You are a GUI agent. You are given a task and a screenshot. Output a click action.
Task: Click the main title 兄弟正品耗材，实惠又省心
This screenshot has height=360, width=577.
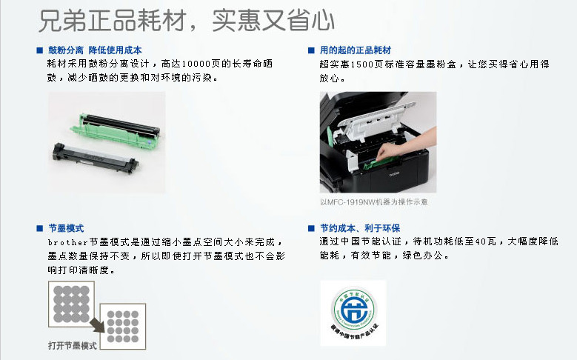187,20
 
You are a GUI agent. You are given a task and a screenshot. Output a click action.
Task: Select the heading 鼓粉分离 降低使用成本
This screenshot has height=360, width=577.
95,50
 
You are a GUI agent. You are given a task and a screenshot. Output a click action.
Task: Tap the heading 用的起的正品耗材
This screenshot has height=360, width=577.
355,50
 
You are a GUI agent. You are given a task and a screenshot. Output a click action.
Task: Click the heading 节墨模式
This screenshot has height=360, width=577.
66,228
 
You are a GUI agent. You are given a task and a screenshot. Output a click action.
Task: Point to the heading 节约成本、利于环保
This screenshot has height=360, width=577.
360,228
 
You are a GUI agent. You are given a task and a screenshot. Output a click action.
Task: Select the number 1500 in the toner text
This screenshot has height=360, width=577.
362,64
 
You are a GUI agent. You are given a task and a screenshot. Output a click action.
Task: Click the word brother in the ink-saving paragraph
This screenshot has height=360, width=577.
68,242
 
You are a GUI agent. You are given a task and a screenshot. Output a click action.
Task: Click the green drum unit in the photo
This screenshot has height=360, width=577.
116,130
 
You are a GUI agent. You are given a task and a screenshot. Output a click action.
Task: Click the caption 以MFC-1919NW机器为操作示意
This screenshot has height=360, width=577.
373,201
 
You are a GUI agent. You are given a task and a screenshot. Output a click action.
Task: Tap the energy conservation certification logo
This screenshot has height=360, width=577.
353,313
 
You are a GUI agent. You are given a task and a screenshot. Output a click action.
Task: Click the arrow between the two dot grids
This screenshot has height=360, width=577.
98,325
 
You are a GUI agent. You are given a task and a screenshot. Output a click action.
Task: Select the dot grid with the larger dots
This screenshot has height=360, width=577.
71,304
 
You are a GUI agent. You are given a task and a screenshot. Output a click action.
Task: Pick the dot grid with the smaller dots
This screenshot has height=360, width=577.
123,327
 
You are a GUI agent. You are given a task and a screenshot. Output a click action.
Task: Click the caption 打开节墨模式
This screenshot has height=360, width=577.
72,346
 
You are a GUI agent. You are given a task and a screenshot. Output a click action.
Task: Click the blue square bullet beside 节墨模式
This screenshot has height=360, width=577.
40,228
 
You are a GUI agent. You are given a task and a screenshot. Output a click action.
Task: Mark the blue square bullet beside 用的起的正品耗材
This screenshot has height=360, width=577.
311,50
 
